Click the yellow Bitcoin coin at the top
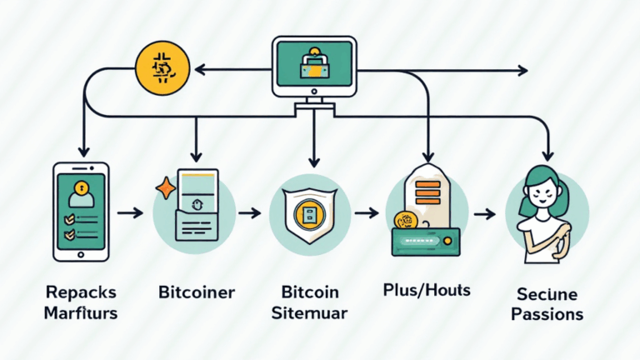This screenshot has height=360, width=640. click(158, 67)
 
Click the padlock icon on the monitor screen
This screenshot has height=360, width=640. click(313, 63)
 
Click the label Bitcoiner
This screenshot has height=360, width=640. click(197, 293)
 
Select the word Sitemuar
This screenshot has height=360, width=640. click(309, 313)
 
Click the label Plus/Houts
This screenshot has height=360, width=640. click(426, 291)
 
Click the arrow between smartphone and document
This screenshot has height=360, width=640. click(129, 214)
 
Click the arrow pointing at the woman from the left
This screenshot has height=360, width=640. click(484, 214)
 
